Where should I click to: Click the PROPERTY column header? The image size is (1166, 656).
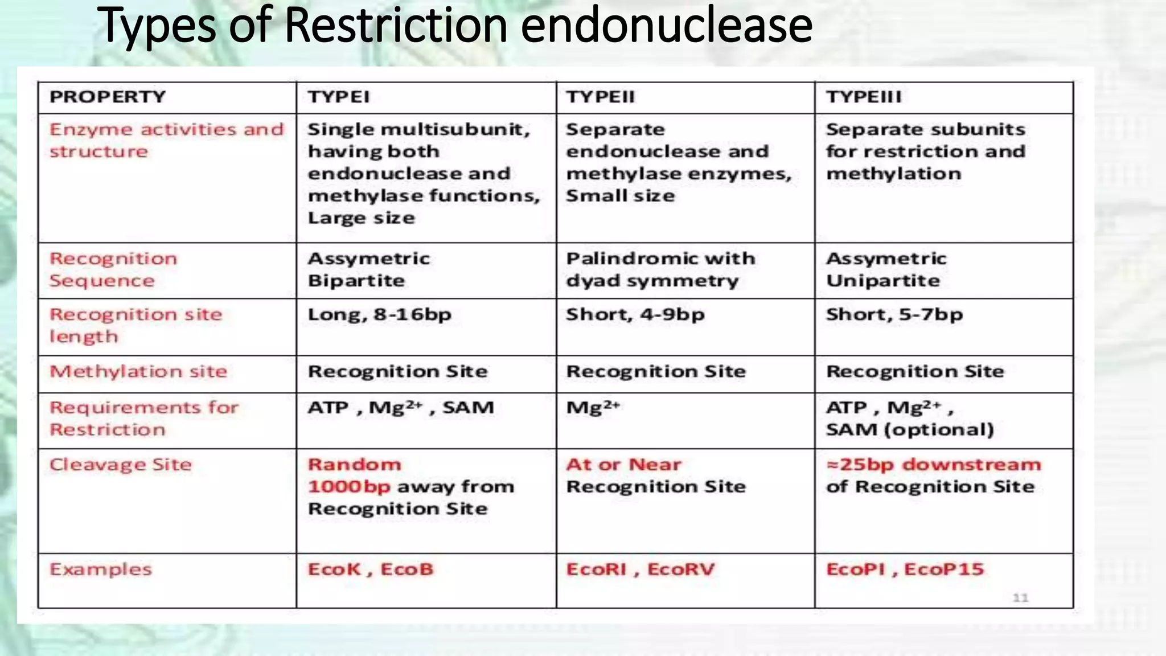[108, 97]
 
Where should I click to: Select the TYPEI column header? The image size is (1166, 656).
[339, 97]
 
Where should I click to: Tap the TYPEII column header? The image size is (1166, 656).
[600, 97]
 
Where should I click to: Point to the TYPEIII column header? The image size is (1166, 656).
[864, 97]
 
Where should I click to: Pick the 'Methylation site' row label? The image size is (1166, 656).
[138, 372]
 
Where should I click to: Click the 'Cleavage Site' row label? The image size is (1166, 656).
[121, 465]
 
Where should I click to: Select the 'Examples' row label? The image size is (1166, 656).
[101, 569]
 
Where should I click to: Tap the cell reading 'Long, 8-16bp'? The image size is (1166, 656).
[380, 315]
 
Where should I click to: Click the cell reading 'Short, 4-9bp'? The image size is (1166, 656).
[635, 315]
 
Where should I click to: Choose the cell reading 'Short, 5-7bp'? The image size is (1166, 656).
[894, 315]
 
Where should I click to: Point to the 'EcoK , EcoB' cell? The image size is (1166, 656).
[371, 569]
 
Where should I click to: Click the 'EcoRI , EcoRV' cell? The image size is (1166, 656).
[640, 569]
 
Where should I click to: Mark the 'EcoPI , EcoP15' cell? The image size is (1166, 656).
[905, 569]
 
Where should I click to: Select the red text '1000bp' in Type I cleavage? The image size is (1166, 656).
[349, 487]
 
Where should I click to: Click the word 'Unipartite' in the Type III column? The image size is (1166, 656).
[883, 281]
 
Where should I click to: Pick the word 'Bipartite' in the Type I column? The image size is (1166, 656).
[356, 281]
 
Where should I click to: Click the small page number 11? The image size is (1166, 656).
[1020, 597]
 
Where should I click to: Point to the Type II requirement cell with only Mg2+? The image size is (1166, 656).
[593, 408]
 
